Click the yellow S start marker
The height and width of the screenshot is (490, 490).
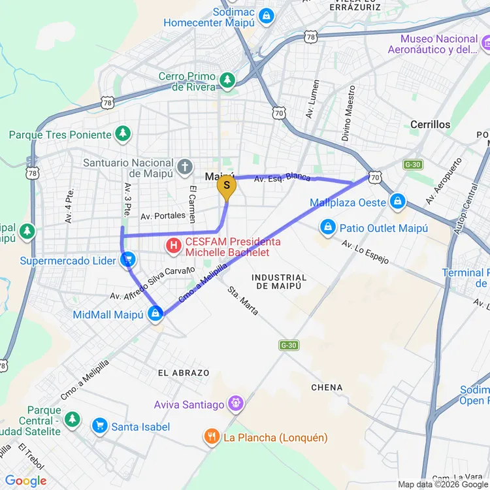pyautogui.click(x=226, y=186)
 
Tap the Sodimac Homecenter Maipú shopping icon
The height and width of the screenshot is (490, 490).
pyautogui.click(x=265, y=15)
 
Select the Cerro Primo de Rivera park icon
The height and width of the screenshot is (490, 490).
pyautogui.click(x=227, y=80)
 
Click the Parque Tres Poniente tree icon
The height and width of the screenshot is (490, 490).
pyautogui.click(x=122, y=135)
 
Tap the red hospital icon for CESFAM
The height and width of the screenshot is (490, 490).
pyautogui.click(x=174, y=246)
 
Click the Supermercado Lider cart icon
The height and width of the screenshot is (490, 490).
pyautogui.click(x=128, y=261)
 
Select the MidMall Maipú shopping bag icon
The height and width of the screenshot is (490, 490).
pyautogui.click(x=155, y=314)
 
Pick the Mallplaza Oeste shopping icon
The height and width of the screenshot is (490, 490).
pyautogui.click(x=397, y=202)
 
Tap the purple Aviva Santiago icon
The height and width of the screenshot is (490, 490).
pyautogui.click(x=235, y=404)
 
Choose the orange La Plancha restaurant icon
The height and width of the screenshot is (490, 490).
pyautogui.click(x=211, y=437)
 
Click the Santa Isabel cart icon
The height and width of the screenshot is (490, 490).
pyautogui.click(x=99, y=426)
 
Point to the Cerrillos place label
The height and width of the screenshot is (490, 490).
pyautogui.click(x=430, y=124)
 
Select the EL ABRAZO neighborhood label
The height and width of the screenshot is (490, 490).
pyautogui.click(x=184, y=373)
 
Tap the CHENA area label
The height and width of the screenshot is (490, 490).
pyautogui.click(x=327, y=387)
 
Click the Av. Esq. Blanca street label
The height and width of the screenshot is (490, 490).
pyautogui.click(x=282, y=178)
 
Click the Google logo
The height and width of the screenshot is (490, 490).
pyautogui.click(x=26, y=481)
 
